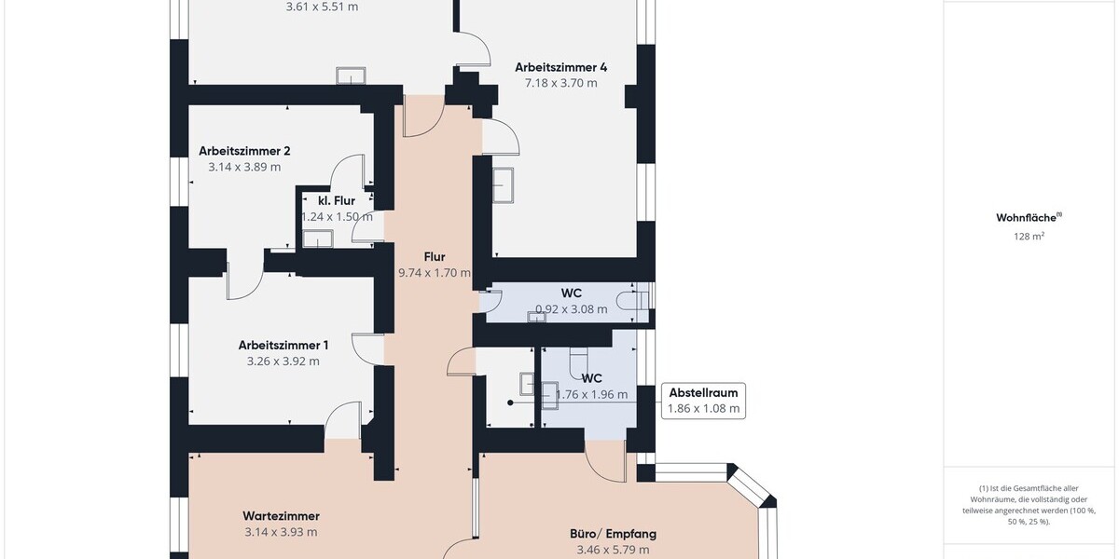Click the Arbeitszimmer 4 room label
point(561,67)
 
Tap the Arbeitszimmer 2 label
point(244,151)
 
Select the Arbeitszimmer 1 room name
point(283,345)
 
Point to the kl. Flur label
point(337,200)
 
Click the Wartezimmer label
point(282,515)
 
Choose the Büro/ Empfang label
point(613,534)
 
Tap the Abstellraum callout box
point(703,401)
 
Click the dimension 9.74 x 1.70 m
point(435,273)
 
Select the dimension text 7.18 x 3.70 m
point(561,83)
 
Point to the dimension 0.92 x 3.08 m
point(572,309)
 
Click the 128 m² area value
point(1029,236)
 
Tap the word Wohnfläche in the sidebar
point(1027,218)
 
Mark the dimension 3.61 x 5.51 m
point(322,7)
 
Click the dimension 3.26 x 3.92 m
point(283,361)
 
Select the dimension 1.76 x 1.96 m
point(591,395)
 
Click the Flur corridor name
point(435,257)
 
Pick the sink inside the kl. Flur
point(318,239)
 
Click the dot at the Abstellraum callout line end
point(510,402)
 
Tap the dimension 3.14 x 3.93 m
point(281,532)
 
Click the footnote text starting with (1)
point(1029,505)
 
